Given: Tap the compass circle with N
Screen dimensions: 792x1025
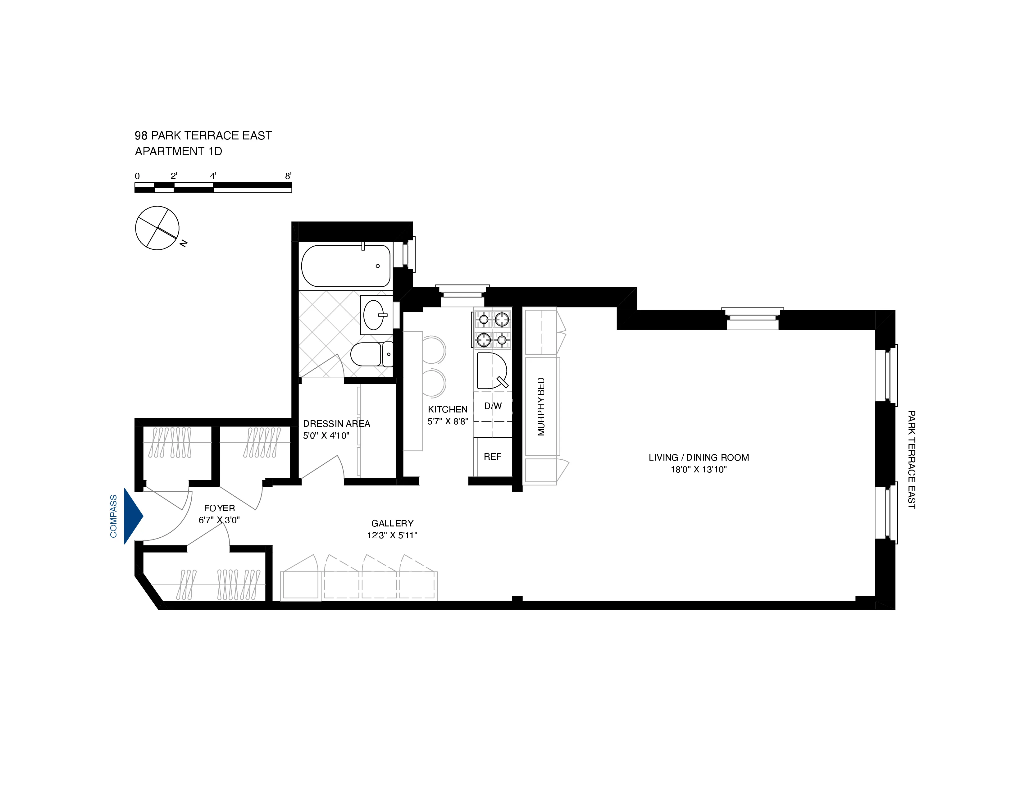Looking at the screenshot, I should coord(157,228).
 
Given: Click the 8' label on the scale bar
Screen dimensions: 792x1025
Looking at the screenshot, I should coord(288,176).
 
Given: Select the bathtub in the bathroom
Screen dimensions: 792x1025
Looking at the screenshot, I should coord(346,266).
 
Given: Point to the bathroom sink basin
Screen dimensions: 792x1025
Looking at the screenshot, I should coord(374,315).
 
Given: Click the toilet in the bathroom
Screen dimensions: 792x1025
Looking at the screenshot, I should coord(371,354).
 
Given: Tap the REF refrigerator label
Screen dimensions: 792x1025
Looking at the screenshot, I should coord(492,457).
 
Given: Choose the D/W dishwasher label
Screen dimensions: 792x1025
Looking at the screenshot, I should coord(493,406).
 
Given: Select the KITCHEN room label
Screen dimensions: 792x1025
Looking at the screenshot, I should coord(447,409).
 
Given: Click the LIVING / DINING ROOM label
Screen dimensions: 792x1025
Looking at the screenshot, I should coord(698,457).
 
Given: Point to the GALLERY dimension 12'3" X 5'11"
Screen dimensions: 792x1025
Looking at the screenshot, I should coord(392,535).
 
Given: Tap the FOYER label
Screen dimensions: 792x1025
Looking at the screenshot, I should coord(219,508).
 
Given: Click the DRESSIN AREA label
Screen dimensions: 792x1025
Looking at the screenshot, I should coord(336,424).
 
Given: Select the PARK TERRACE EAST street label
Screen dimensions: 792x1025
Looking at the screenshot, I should coord(911,459).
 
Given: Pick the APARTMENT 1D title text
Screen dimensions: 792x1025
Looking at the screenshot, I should coord(178,152).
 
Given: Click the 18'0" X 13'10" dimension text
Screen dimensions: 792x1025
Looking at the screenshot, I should coord(698,470).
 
